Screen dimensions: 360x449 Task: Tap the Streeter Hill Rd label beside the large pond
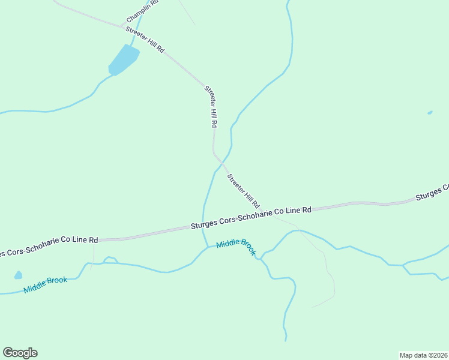(x=145, y=40)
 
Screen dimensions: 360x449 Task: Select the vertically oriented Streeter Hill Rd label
(x=211, y=106)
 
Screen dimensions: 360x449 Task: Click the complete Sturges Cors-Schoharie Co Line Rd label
(x=251, y=218)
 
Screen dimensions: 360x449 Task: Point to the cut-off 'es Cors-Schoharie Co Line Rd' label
(x=48, y=246)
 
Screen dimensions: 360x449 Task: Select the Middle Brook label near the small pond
(x=45, y=284)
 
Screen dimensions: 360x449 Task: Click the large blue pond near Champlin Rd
(x=123, y=60)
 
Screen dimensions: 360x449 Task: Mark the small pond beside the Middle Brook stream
(x=18, y=275)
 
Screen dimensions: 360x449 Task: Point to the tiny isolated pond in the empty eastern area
(x=430, y=112)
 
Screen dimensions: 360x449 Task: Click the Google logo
(x=20, y=353)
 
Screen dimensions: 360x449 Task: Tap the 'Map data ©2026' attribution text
(x=423, y=355)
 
